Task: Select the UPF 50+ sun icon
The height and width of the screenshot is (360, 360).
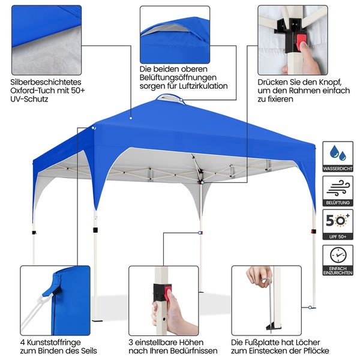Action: pos(338,221)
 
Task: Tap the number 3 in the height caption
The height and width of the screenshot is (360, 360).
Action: pos(130,340)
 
